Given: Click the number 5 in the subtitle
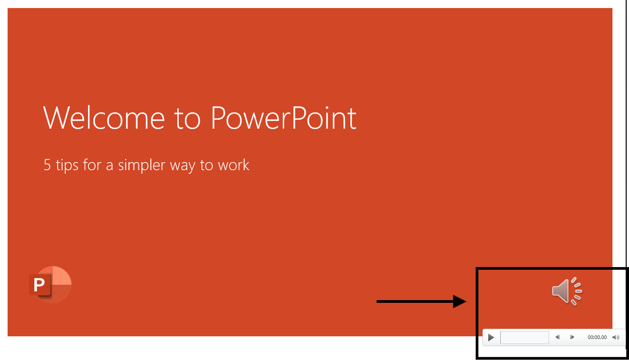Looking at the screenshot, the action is tap(47, 165).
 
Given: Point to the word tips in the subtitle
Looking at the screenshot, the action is tap(67, 165).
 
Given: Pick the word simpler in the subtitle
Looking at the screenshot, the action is tap(142, 165).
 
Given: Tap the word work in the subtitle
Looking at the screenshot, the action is tap(234, 165).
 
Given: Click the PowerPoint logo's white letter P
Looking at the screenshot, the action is tap(39, 285).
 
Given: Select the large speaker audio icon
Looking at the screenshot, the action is tap(566, 291).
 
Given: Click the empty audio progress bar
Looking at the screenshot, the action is tap(524, 337).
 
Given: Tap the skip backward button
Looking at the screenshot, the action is tap(558, 337).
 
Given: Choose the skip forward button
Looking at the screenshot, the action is tap(572, 337).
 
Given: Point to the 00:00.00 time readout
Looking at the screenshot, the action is tap(597, 337).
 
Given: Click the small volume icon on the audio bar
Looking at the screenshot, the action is tap(616, 337).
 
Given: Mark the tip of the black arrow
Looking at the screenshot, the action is tap(466, 301).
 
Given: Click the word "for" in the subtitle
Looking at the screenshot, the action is tap(92, 165).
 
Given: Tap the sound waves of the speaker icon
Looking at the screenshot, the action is tap(576, 291).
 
